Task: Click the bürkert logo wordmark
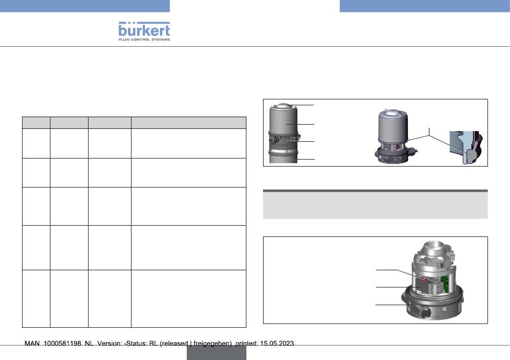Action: [144, 30]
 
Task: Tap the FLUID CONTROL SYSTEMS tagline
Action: [144, 39]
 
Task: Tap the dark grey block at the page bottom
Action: [217, 352]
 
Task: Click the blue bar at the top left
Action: [85, 6]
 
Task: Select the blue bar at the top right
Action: [425, 6]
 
